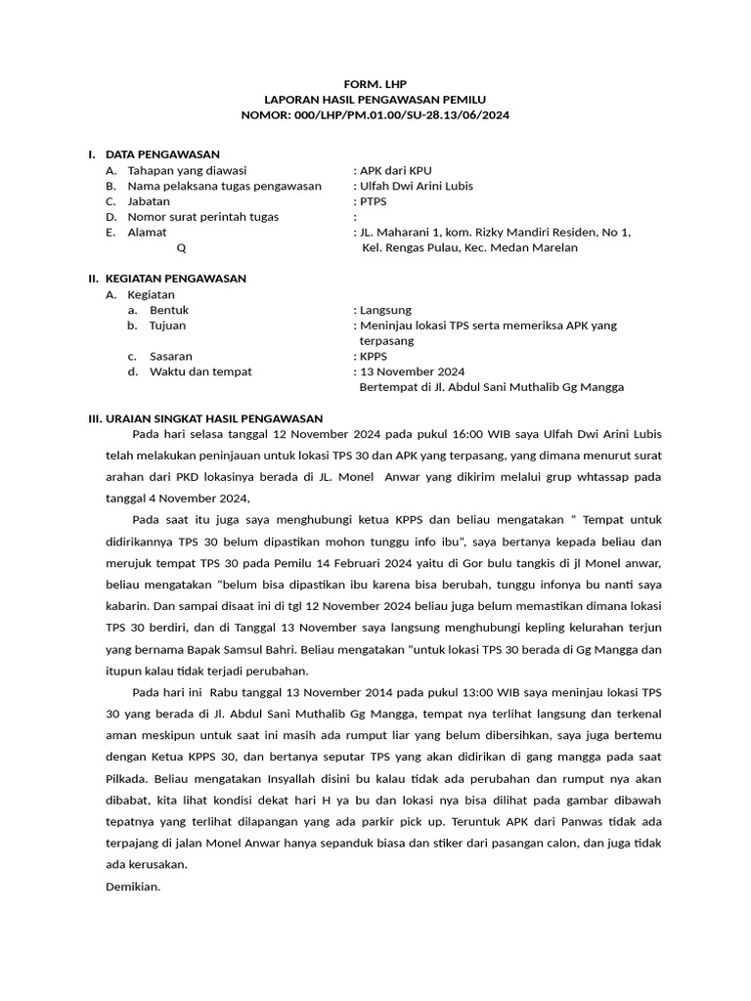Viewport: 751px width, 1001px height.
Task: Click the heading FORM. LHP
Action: coord(375,84)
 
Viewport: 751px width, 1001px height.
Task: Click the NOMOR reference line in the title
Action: coord(375,115)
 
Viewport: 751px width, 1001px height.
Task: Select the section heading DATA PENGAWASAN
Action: coord(162,154)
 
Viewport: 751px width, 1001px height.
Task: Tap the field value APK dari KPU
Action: coord(394,170)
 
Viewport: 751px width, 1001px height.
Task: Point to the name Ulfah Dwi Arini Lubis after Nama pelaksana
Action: coord(418,186)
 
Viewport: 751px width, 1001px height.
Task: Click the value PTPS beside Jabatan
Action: coord(373,201)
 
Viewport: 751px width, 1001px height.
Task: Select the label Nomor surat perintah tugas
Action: coord(202,217)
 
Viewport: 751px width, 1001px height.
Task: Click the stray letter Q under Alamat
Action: coord(181,248)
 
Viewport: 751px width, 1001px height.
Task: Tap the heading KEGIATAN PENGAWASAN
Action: coord(175,279)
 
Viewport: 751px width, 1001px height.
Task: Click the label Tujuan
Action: coord(167,326)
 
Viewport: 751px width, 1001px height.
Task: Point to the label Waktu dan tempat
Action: coord(200,371)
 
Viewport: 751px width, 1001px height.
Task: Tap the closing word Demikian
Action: coord(132,887)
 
